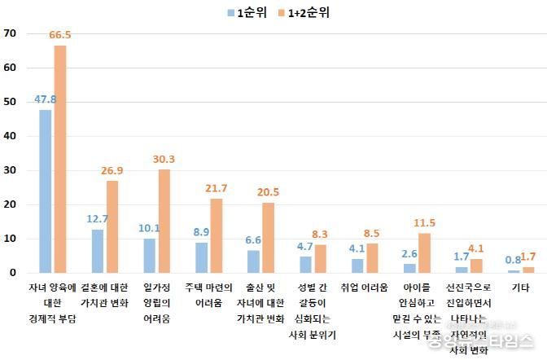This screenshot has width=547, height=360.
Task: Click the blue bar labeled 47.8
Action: [x=46, y=191]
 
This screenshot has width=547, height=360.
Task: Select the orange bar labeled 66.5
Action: [x=60, y=160]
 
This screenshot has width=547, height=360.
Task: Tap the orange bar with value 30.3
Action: [x=164, y=221]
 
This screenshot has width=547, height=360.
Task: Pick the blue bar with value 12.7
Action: [x=98, y=251]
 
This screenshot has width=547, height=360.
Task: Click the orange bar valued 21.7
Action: [x=217, y=235]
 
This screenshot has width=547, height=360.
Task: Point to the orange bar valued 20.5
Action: [x=269, y=238]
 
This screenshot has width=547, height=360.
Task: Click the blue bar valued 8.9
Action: [x=202, y=257]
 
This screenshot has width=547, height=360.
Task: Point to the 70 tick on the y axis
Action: [x=11, y=33]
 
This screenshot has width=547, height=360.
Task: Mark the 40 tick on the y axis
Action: [x=11, y=136]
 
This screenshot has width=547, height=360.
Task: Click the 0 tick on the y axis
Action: [x=14, y=273]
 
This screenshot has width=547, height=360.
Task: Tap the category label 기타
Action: [x=519, y=288]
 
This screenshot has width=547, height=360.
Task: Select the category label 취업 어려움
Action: [x=363, y=288]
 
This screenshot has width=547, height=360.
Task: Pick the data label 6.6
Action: [x=253, y=241]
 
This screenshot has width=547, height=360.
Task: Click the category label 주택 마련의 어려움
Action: [x=207, y=295]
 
